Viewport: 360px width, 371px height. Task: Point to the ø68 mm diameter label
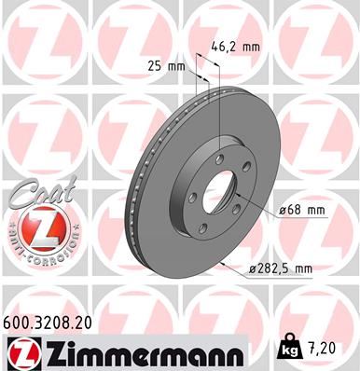(302, 211)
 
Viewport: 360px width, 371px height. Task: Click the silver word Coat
(37, 194)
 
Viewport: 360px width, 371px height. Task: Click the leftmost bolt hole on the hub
(191, 199)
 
